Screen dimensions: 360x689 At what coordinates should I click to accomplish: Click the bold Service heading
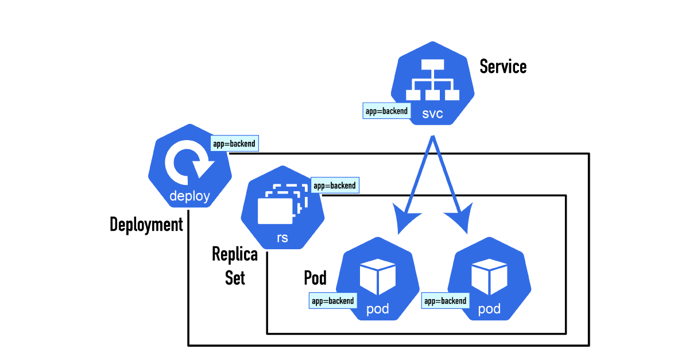click(503, 67)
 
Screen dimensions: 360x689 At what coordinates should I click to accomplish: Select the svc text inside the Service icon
click(432, 114)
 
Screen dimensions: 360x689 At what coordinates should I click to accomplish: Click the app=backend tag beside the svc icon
click(386, 111)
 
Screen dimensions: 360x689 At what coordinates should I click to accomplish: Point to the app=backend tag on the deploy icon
click(234, 144)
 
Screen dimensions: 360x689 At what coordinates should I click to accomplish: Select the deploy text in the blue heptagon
click(189, 197)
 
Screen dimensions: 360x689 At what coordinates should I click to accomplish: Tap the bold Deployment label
click(146, 224)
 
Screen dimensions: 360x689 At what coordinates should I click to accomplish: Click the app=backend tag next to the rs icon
click(334, 186)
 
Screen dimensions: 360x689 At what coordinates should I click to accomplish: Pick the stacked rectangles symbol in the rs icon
click(281, 204)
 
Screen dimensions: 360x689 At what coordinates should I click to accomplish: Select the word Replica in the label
click(235, 254)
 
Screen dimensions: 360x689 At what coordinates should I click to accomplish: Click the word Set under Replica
click(235, 278)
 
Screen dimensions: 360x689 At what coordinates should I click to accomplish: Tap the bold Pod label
click(315, 278)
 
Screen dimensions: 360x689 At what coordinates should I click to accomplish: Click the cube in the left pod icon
click(377, 277)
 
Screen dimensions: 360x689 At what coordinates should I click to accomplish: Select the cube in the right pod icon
click(489, 277)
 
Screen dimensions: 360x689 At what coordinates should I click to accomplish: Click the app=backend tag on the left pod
click(332, 300)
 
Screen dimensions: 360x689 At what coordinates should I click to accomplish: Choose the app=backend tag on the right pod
click(445, 300)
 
